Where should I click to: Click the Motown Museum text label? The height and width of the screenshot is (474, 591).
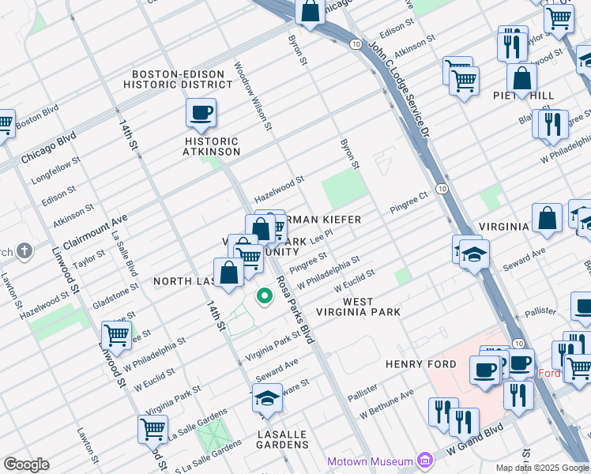371,461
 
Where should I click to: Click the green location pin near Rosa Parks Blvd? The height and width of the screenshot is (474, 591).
265,297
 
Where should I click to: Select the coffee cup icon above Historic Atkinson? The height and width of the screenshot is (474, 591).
201,112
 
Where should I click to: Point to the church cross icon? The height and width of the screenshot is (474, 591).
24,251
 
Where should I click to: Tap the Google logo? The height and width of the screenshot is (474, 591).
26,465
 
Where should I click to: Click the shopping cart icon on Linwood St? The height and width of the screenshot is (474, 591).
116,335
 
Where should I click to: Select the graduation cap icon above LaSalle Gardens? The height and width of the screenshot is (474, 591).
267,399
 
